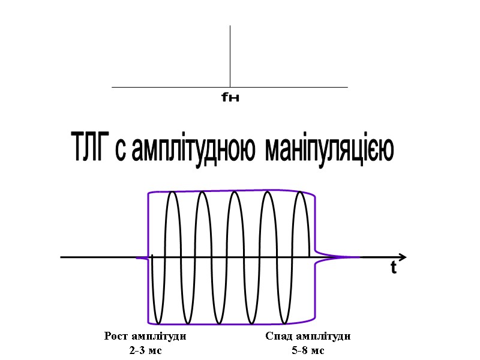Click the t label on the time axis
point(394,269)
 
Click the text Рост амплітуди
point(145,337)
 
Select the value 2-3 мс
point(146,350)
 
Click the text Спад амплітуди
point(308,337)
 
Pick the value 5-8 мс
point(308,350)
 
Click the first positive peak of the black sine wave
point(172,193)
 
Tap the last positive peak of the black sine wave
point(301,193)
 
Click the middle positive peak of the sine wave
point(236,193)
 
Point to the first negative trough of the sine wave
point(158,322)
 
